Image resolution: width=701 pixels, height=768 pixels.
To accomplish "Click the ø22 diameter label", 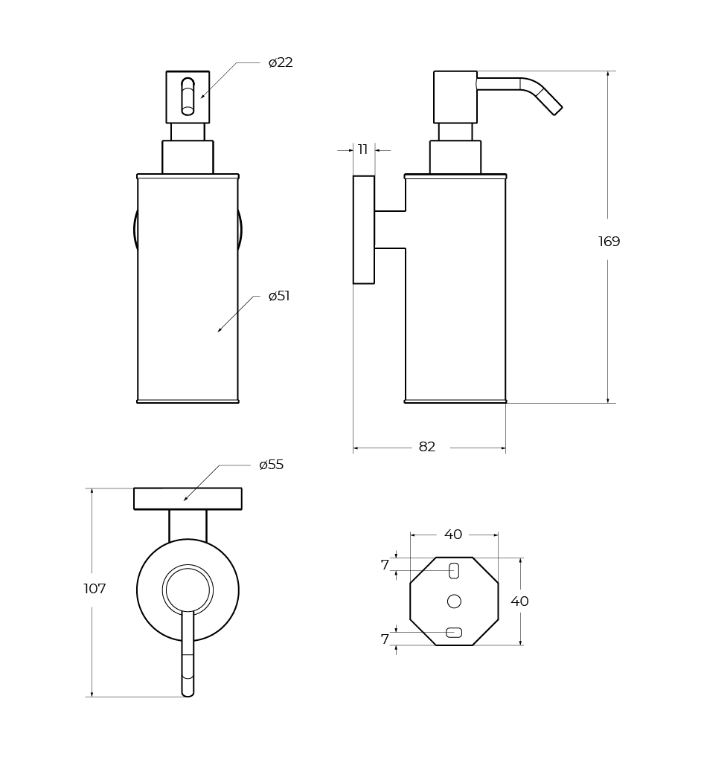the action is [281, 62].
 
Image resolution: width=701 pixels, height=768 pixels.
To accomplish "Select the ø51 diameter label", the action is [279, 296].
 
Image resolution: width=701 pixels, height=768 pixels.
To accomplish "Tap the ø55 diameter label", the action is [271, 465].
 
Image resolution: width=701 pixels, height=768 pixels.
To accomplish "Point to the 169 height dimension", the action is [609, 241].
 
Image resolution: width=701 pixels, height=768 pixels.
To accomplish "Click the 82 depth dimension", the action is [427, 447].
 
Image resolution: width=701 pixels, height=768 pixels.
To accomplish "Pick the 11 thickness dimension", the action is [362, 149].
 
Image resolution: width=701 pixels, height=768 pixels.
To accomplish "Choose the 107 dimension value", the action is [95, 588].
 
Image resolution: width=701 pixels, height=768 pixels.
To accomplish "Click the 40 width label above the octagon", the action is [453, 535].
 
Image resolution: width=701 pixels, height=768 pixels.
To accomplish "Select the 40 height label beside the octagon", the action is [519, 601].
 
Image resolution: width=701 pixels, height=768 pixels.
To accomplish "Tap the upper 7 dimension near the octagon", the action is [385, 565].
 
